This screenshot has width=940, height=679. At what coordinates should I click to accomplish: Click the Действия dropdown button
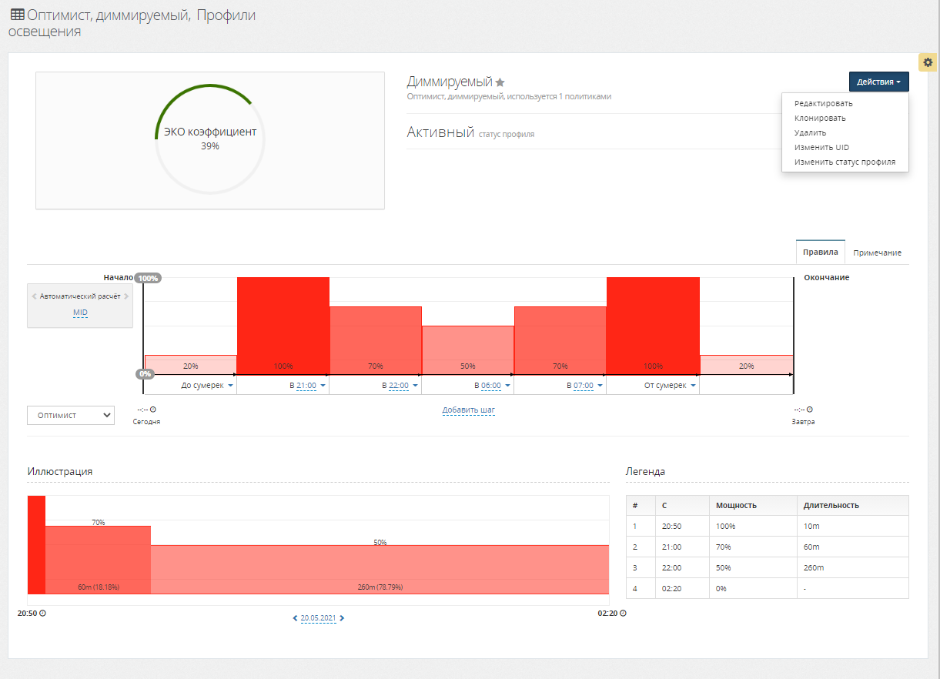pos(878,82)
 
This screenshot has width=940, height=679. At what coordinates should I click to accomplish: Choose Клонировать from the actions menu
pos(820,118)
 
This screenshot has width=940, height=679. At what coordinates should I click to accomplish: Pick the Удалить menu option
pos(810,132)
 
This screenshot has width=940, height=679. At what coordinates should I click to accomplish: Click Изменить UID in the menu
pos(821,147)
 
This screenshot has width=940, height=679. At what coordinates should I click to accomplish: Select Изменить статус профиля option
pos(845,162)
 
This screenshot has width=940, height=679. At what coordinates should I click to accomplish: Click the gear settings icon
pos(928,62)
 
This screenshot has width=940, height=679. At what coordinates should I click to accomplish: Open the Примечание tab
pos(877,253)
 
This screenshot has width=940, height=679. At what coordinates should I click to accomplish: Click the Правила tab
pos(820,252)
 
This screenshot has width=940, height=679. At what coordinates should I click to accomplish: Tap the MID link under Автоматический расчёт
pos(80,313)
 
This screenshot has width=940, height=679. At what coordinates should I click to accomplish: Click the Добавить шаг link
pos(468,410)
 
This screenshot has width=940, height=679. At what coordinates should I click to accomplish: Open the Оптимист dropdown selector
pos(70,415)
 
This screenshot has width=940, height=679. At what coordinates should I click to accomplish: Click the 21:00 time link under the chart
pos(306,385)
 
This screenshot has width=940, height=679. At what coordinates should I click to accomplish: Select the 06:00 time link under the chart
pos(490,385)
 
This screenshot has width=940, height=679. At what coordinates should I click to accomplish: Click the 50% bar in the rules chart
pos(467,350)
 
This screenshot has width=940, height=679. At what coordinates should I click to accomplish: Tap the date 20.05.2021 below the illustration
pos(319,618)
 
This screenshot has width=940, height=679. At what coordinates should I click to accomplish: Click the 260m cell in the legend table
pos(813,567)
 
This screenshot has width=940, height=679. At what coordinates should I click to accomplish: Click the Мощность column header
pos(736,505)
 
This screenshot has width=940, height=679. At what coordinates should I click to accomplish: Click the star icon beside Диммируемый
pos(500,82)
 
